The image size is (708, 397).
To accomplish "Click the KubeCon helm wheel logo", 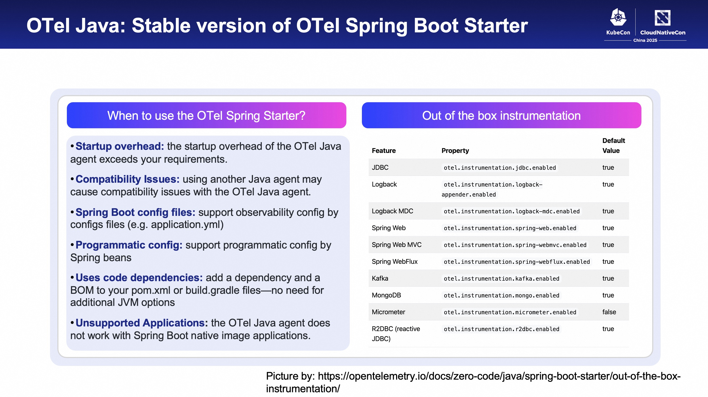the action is coord(618,18).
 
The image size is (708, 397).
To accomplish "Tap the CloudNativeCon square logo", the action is coord(662,18).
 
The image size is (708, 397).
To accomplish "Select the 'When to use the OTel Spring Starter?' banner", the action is coord(206,115).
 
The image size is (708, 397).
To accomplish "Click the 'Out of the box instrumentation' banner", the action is coord(501,115).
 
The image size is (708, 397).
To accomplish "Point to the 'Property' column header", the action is coord(455,151).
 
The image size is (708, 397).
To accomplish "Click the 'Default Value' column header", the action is coord(614,146).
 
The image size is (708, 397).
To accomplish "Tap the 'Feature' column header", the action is coord(384,151).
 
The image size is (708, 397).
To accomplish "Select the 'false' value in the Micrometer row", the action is coord(609,312).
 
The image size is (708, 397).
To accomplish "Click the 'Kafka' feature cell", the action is coord(380,279).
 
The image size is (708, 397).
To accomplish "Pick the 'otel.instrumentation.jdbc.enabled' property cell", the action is coord(500,168).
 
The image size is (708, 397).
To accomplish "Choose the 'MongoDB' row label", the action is coord(386,295).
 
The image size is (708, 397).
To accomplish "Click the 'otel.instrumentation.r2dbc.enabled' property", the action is coord(501,329).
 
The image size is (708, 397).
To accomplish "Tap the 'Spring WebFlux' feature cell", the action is coord(395,262).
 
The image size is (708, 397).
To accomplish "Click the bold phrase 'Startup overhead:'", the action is coord(120,146).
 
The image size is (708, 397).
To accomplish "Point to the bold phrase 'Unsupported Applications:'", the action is coord(142,323).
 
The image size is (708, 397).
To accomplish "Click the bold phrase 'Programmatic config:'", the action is coord(129,245).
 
